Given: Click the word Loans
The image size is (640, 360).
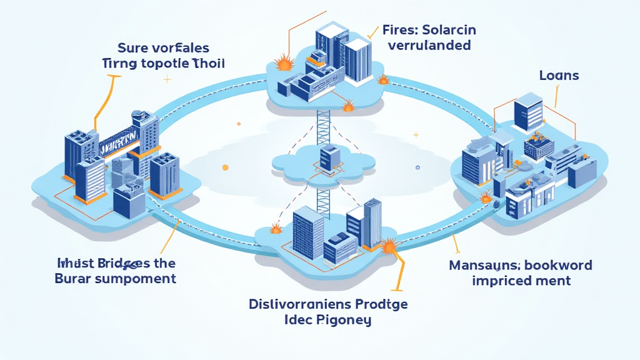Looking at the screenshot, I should [x=559, y=76].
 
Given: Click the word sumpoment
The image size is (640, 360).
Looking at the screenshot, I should [x=134, y=279].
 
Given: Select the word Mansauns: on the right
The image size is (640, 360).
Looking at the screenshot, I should [x=487, y=265].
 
